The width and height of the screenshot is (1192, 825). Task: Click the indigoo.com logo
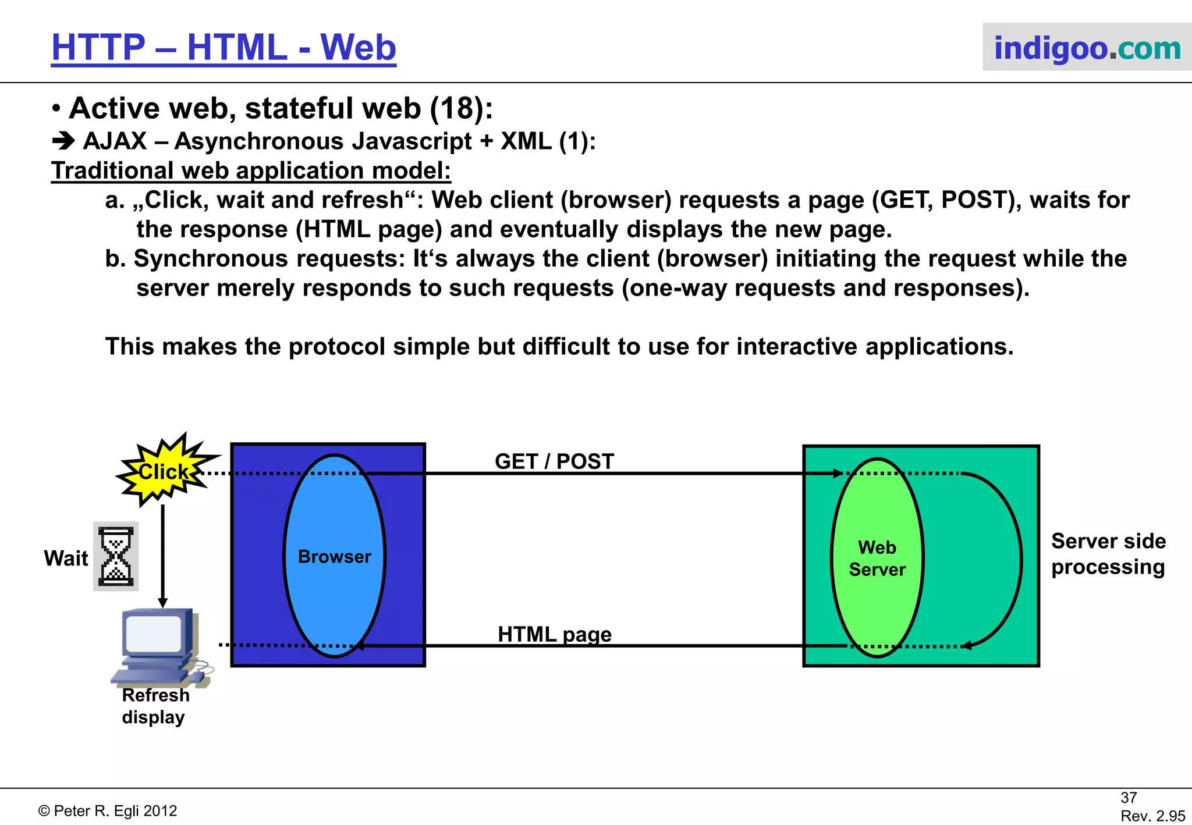click(1087, 48)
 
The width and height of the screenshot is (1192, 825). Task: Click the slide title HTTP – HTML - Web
click(223, 48)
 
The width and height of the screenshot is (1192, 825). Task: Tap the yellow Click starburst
click(165, 471)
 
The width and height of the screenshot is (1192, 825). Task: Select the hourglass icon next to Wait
click(116, 556)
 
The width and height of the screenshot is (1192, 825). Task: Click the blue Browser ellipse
click(335, 556)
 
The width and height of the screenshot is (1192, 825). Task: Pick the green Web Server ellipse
click(877, 558)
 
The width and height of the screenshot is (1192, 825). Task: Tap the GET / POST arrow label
click(554, 461)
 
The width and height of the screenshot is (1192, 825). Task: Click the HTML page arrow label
click(554, 634)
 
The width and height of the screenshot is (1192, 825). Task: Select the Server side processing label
click(1108, 554)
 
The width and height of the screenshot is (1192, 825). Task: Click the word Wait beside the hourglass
click(66, 559)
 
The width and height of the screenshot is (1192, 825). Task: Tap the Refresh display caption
click(155, 706)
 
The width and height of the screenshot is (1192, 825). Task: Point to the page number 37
click(1129, 798)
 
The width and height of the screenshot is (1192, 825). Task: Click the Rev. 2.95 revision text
click(1152, 816)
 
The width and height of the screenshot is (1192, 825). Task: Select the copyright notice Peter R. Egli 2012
click(108, 811)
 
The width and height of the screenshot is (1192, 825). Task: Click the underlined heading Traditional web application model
click(251, 171)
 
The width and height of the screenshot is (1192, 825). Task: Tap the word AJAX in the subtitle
click(115, 141)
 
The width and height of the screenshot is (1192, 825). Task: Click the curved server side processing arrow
click(1020, 559)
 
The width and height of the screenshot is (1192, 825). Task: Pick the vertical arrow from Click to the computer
click(163, 553)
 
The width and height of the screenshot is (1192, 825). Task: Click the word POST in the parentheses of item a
click(974, 200)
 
